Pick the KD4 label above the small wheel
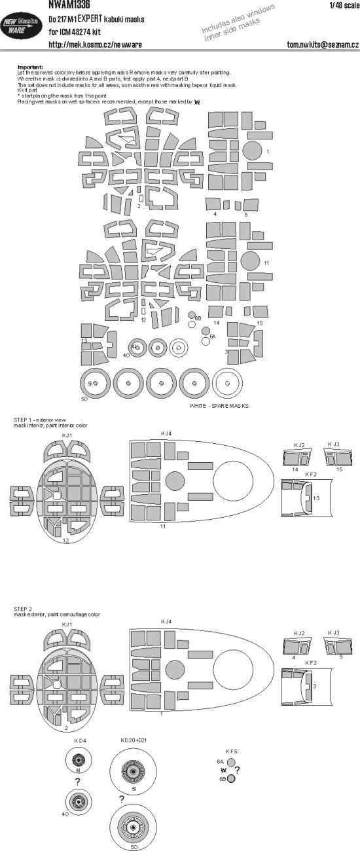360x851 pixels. (80, 741)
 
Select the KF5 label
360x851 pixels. (231, 751)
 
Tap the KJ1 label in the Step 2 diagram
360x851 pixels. (67, 625)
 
